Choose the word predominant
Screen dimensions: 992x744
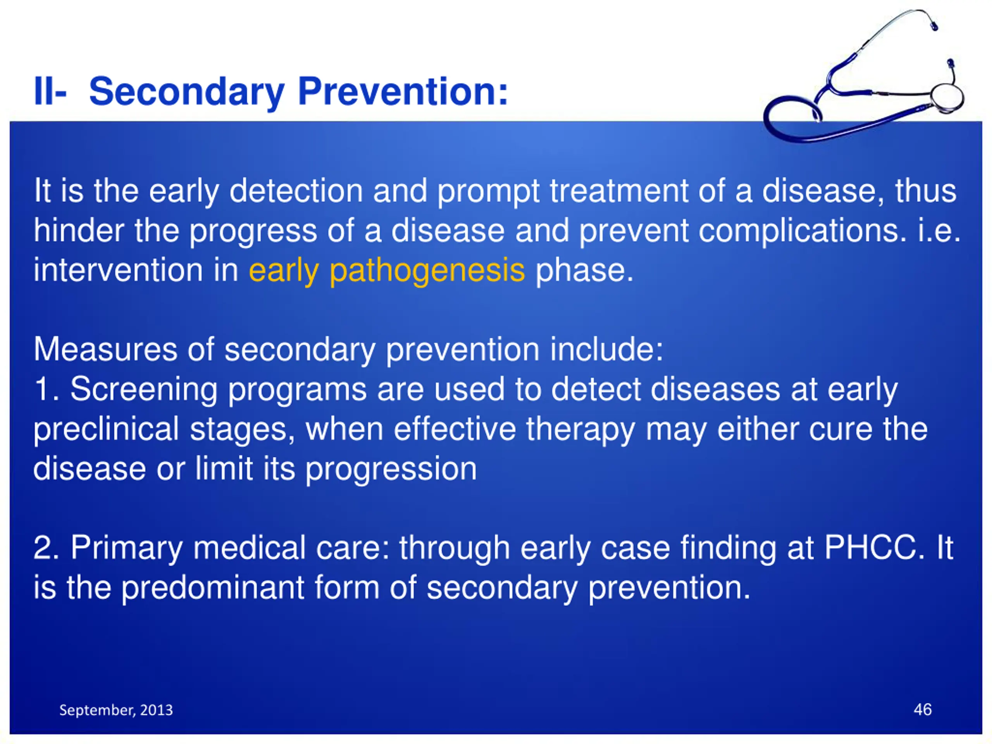213,588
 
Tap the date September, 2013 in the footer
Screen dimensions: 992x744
116,710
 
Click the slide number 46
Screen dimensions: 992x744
923,710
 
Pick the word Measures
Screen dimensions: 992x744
105,350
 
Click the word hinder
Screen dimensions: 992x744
79,231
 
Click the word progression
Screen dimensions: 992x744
391,470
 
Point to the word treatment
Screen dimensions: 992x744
619,191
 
